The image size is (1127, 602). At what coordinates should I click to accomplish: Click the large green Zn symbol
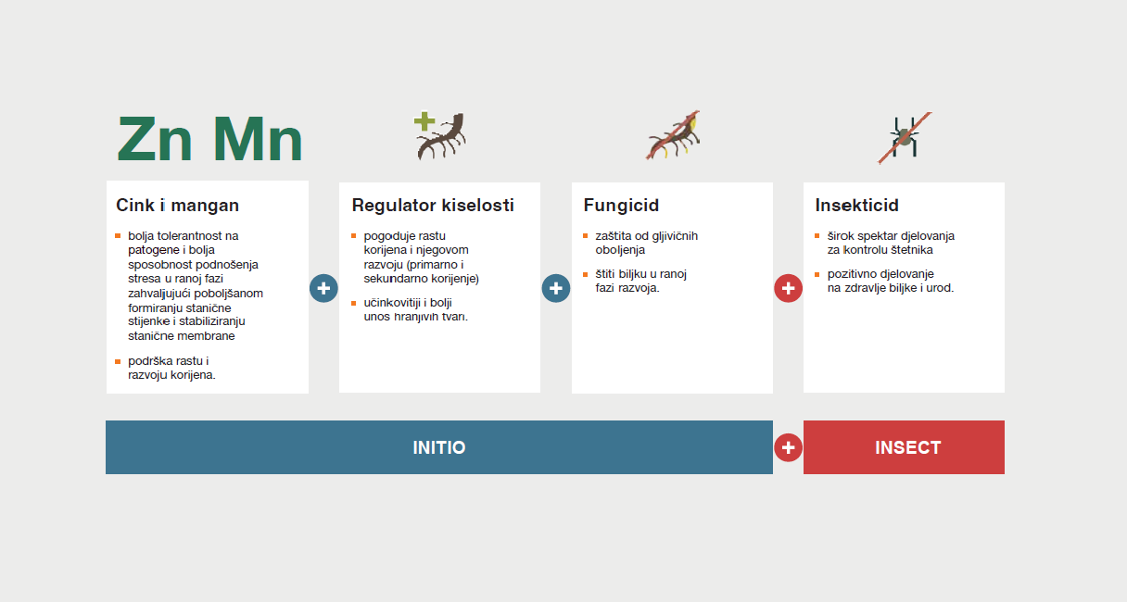(x=155, y=138)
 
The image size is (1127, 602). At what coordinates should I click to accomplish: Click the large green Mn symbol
(x=258, y=138)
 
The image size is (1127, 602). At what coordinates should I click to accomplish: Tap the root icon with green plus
(x=440, y=135)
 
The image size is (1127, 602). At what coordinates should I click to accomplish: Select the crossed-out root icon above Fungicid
(x=673, y=135)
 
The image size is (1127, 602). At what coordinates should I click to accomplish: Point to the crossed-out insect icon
(x=905, y=137)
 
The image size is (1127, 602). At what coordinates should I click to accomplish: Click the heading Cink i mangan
(x=178, y=206)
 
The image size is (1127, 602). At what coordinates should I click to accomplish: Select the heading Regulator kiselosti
(x=433, y=206)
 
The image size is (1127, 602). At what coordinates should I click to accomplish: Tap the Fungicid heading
(x=621, y=206)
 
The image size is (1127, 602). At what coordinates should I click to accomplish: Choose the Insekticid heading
(x=856, y=206)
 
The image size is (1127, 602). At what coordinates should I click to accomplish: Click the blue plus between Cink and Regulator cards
(x=323, y=288)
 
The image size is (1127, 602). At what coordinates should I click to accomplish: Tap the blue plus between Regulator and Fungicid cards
(x=556, y=288)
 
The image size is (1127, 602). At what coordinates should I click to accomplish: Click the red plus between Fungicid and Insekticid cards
(x=789, y=288)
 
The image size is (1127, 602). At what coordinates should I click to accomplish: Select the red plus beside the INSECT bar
(x=789, y=447)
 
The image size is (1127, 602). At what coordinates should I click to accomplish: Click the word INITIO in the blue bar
(x=439, y=447)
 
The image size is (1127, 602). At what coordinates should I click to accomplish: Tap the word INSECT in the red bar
(x=907, y=447)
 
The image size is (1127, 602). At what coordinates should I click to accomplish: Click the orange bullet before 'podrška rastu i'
(x=118, y=361)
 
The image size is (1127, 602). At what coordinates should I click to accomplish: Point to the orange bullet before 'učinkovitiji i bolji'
(x=354, y=303)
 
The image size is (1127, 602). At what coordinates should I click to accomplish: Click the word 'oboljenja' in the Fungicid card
(x=620, y=250)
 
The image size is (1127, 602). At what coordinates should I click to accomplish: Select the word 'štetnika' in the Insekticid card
(x=912, y=250)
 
